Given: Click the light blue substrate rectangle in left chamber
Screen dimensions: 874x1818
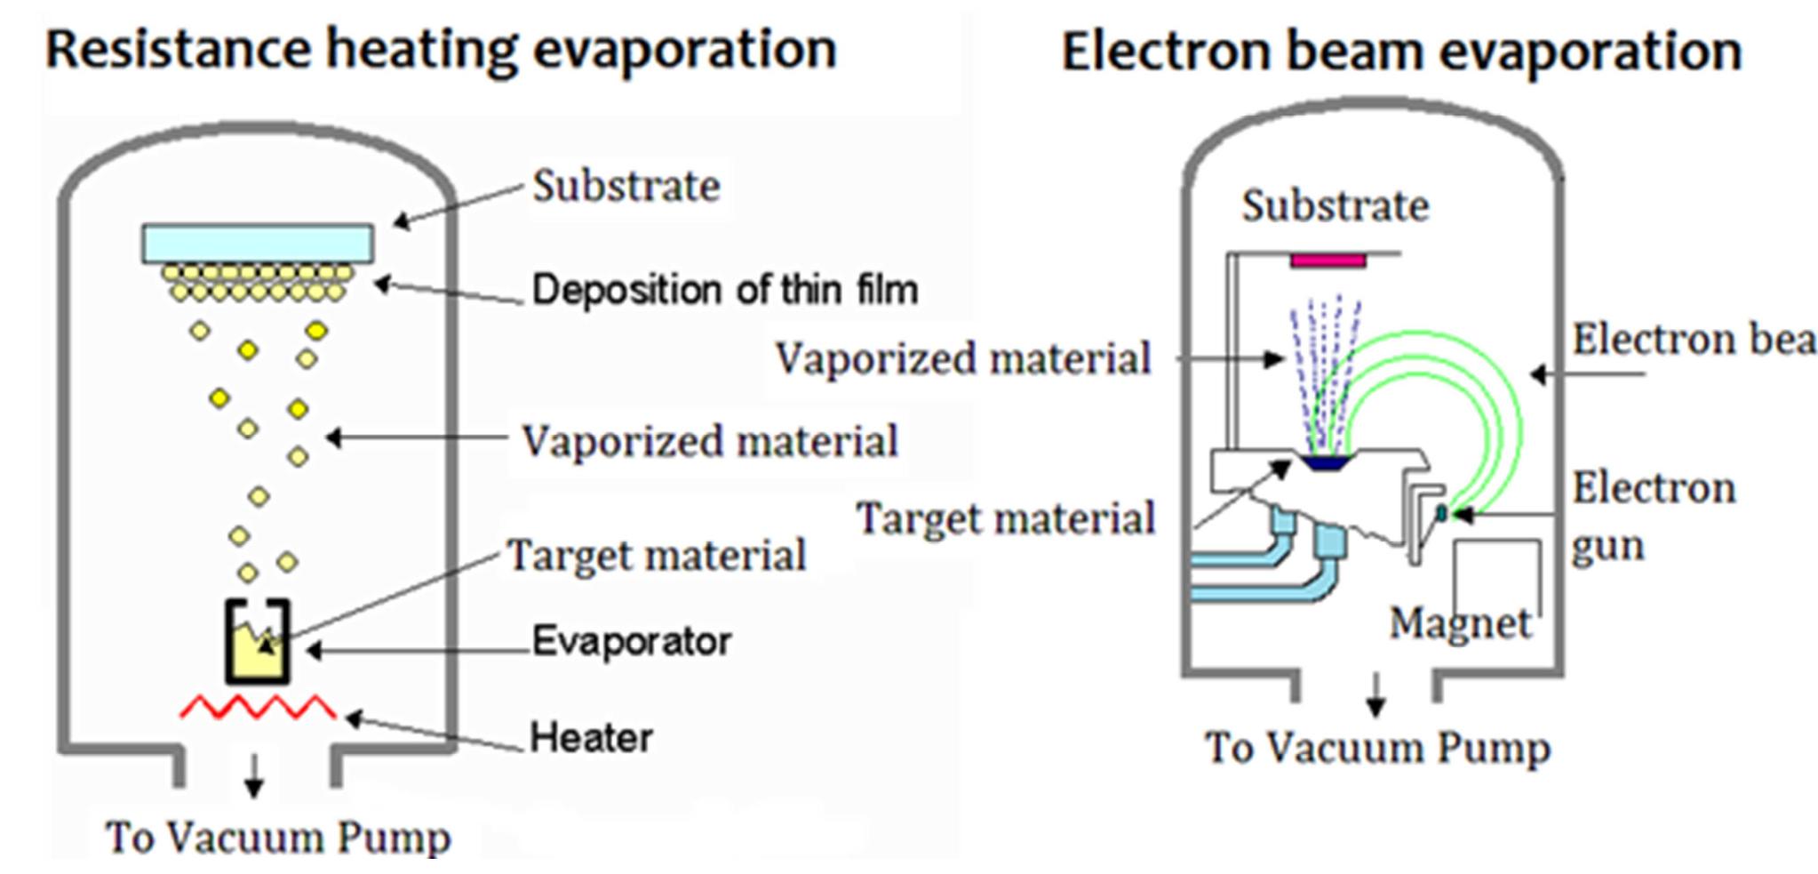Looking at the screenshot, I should click(258, 243).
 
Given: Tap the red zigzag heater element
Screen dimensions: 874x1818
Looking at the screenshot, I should click(258, 708).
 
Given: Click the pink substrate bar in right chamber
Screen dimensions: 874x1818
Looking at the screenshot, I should click(1328, 261).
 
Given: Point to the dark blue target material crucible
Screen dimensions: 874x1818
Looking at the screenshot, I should click(1325, 462).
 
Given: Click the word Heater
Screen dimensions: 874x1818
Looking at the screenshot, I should click(591, 737).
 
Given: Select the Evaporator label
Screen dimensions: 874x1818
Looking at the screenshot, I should click(631, 641).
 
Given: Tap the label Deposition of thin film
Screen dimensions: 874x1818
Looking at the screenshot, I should click(724, 290).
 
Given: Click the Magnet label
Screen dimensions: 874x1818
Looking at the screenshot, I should click(1460, 622).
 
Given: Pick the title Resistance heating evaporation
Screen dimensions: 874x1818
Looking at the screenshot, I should click(441, 49).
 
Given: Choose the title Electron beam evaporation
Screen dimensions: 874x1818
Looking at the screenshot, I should click(1401, 52).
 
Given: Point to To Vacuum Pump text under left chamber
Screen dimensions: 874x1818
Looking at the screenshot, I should click(278, 838).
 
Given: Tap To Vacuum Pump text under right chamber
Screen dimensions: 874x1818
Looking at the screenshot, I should click(1376, 748).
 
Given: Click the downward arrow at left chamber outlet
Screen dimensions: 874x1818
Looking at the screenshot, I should click(254, 775).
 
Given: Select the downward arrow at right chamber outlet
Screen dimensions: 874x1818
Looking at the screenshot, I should click(1375, 694).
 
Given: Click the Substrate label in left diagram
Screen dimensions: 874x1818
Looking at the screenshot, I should click(626, 186).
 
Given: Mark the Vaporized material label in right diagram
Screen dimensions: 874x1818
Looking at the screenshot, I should click(963, 358).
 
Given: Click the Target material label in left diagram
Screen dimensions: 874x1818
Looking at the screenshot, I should click(656, 556).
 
